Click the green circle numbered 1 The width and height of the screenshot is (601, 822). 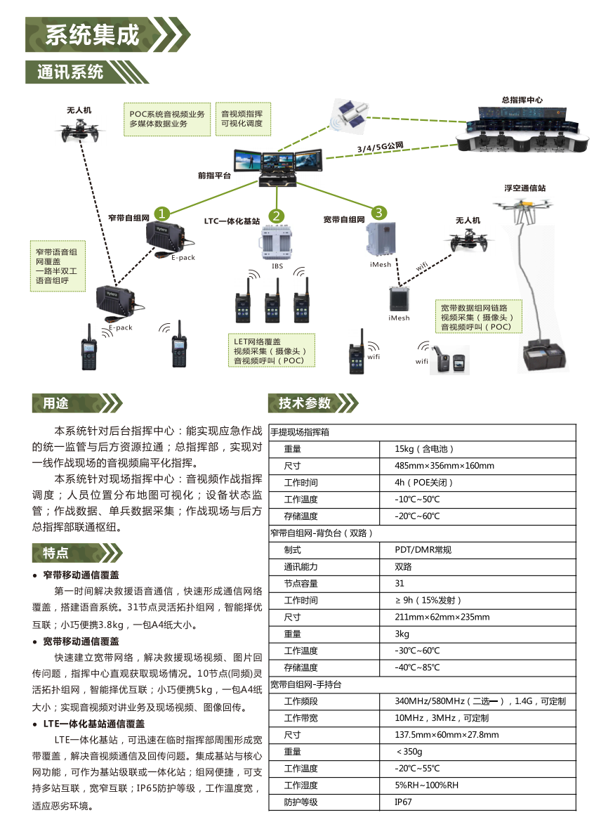162,214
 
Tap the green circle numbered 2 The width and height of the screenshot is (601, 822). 276,216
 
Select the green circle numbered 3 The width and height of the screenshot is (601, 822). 378,212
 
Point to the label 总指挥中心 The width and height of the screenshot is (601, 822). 522,100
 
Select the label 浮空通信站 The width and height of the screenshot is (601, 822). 524,188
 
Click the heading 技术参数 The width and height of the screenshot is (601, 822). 305,403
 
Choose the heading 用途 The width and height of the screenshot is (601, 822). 55,403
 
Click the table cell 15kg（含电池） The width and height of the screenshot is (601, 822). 424,449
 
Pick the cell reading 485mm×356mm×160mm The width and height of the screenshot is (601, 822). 444,466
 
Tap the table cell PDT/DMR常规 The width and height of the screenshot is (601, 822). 423,550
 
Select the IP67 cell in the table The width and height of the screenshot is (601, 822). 403,802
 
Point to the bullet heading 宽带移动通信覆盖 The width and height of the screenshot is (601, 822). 81,641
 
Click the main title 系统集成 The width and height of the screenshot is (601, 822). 92,34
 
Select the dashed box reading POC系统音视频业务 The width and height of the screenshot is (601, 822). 167,119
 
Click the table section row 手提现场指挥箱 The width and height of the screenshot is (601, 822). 300,432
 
